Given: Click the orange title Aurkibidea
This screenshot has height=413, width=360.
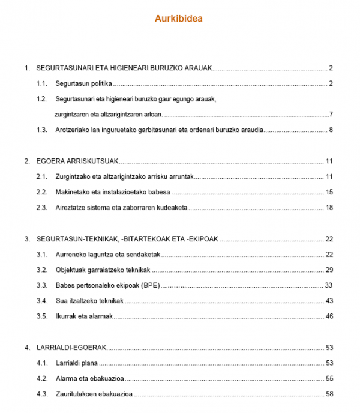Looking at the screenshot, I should pyautogui.click(x=179, y=19).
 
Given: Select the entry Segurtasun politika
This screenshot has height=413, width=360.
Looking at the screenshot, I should pyautogui.click(x=84, y=83).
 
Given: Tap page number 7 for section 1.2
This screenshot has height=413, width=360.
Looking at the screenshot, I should pyautogui.click(x=331, y=115).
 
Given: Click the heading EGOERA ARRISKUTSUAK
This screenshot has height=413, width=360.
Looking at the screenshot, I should pyautogui.click(x=78, y=161).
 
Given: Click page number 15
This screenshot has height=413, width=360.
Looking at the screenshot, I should pyautogui.click(x=329, y=193).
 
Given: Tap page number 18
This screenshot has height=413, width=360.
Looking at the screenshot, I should pyautogui.click(x=329, y=208).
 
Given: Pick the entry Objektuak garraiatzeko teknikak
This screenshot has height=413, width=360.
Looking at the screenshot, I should pyautogui.click(x=103, y=270).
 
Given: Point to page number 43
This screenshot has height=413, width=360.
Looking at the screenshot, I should pyautogui.click(x=329, y=301).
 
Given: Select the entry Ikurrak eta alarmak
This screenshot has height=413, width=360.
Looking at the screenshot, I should pyautogui.click(x=84, y=316).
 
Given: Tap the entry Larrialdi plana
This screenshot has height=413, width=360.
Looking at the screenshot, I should pyautogui.click(x=77, y=363).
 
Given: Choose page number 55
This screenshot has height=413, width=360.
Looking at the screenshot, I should pyautogui.click(x=329, y=379).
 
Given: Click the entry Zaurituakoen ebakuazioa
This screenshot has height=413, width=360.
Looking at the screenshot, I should pyautogui.click(x=94, y=394).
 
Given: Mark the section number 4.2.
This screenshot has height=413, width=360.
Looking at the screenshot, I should pyautogui.click(x=41, y=379).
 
